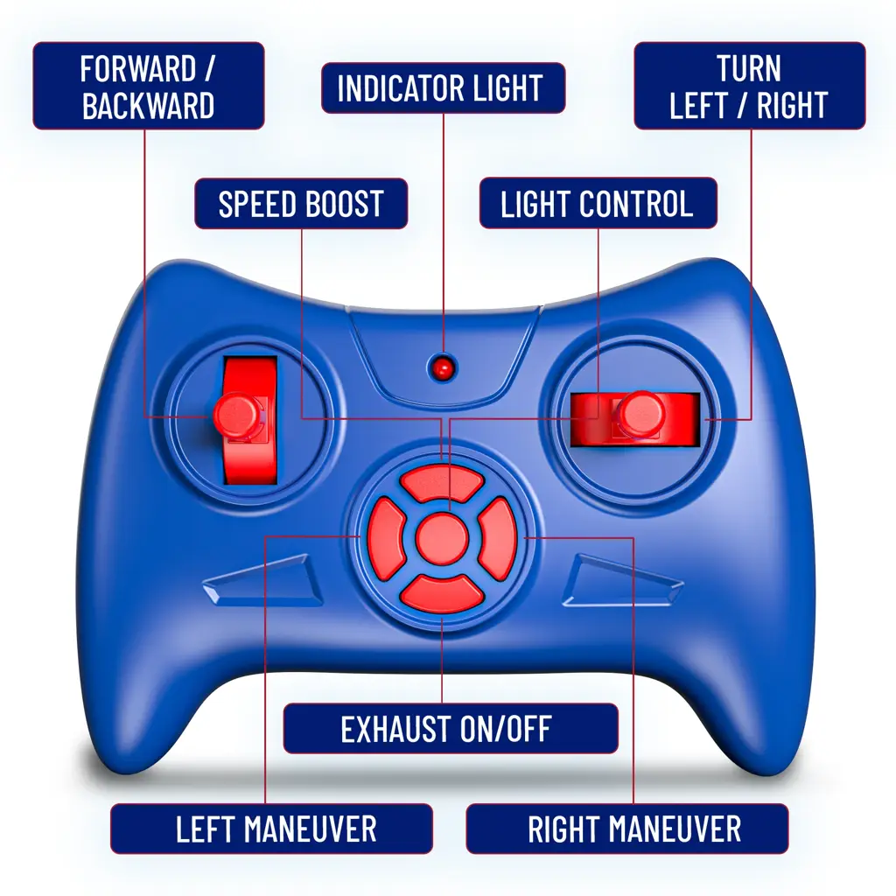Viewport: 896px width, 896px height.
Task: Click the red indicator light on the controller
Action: pos(444,367)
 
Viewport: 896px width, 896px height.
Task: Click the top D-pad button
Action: pos(444,483)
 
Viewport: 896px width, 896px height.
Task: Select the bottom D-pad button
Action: pos(443,593)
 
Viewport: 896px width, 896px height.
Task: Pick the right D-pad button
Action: pos(500,539)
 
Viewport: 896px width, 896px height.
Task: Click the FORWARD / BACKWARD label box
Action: pos(149,86)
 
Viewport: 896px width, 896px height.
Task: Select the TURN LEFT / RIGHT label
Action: pos(749,86)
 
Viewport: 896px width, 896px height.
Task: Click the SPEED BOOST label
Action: pos(300,204)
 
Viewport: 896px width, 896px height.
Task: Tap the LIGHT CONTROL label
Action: pos(598,204)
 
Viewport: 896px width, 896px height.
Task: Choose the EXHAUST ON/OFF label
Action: pos(446,728)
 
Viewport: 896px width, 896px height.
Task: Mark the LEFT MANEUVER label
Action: pos(272,829)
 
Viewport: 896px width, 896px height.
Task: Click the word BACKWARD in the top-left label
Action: pos(149,105)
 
